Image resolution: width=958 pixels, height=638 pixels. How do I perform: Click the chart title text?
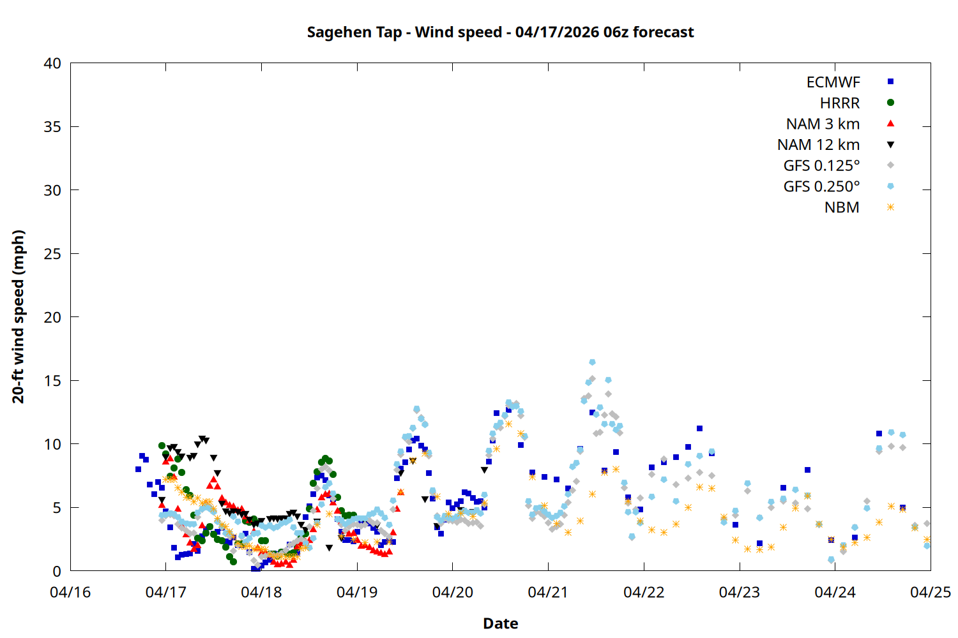pyautogui.click(x=500, y=32)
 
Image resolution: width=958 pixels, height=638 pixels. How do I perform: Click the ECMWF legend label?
pyautogui.click(x=833, y=82)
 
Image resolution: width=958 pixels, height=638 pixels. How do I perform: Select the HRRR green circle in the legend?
pyautogui.click(x=890, y=103)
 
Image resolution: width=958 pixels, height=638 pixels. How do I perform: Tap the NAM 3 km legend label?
pyautogui.click(x=823, y=124)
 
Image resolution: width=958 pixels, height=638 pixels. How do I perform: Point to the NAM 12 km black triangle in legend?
pyautogui.click(x=890, y=145)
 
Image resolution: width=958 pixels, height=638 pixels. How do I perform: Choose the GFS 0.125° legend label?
pyautogui.click(x=821, y=166)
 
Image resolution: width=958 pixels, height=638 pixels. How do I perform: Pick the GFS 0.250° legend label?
pyautogui.click(x=821, y=187)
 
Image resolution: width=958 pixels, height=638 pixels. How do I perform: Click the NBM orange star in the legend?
pyautogui.click(x=890, y=207)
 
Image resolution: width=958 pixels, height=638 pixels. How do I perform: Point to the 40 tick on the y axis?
pyautogui.click(x=52, y=63)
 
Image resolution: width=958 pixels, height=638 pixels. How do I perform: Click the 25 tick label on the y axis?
pyautogui.click(x=52, y=254)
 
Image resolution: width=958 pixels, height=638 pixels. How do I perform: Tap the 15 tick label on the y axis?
pyautogui.click(x=52, y=381)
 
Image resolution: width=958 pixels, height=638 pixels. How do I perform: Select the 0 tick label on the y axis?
pyautogui.click(x=57, y=572)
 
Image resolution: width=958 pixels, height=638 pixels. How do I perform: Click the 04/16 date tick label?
pyautogui.click(x=70, y=593)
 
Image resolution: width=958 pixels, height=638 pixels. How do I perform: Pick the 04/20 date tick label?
pyautogui.click(x=453, y=593)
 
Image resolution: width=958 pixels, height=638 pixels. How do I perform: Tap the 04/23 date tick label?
pyautogui.click(x=740, y=593)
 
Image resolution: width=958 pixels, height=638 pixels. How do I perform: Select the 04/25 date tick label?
pyautogui.click(x=930, y=593)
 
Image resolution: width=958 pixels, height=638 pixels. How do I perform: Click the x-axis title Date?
pyautogui.click(x=500, y=623)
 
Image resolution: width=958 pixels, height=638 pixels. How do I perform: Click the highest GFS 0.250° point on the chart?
pyautogui.click(x=592, y=362)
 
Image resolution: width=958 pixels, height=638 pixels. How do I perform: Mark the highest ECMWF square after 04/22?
pyautogui.click(x=699, y=429)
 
